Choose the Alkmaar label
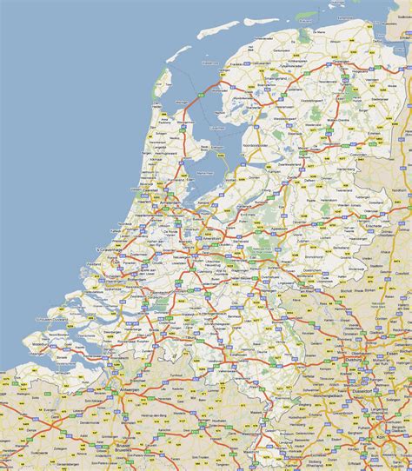[x=162, y=164]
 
